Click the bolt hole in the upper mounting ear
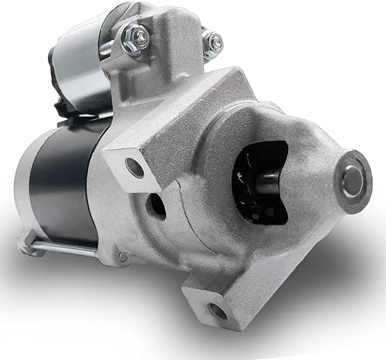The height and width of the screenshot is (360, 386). coord(135,168)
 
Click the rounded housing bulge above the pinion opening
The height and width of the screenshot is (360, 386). coord(255,116)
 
